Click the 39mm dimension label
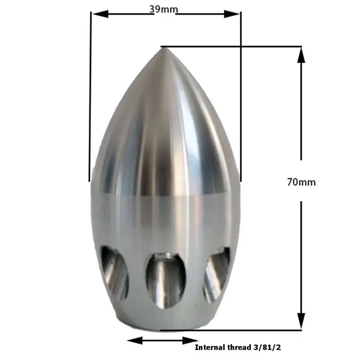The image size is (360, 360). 164,9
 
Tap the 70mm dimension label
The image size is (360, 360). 301,182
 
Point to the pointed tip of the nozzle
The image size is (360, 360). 162,47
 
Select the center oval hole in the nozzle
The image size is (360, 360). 165,280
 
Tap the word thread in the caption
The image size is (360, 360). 238,347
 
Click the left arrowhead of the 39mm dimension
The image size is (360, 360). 100,14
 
